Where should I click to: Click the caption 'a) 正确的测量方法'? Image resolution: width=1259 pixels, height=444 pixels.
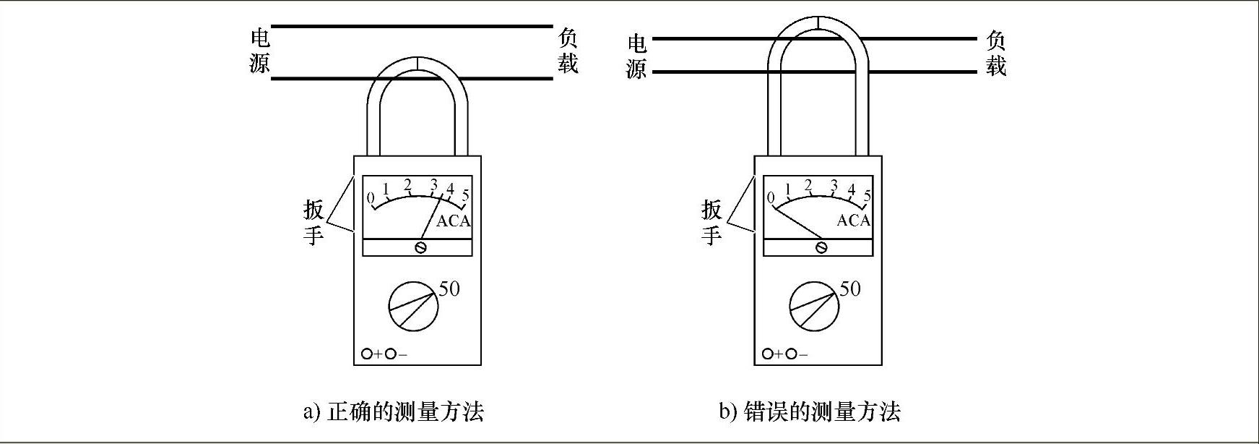click(x=393, y=412)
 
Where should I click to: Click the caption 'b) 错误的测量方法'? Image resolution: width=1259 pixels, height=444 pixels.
click(x=809, y=412)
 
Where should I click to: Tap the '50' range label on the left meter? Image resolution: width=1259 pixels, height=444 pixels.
click(x=449, y=289)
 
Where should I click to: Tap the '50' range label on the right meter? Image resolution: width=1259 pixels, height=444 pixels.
click(x=850, y=289)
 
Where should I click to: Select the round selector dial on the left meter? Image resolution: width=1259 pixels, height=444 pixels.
click(x=413, y=307)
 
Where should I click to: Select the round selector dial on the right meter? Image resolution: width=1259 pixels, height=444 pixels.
click(x=815, y=307)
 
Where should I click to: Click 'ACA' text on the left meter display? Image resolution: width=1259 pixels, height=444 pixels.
click(x=454, y=221)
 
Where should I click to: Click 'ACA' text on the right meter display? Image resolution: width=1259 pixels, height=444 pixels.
click(x=854, y=221)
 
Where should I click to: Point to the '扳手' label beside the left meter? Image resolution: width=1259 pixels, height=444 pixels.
click(x=313, y=222)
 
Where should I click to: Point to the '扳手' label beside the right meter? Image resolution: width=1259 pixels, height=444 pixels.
click(x=711, y=222)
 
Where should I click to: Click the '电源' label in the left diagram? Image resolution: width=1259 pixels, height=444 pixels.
click(x=259, y=51)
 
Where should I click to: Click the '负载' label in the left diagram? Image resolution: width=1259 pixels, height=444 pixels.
click(x=568, y=51)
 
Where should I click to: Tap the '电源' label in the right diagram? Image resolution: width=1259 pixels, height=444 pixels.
click(x=636, y=56)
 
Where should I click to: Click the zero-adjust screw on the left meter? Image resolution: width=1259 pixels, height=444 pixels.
click(x=420, y=248)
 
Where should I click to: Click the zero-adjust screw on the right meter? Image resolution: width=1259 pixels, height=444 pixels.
click(x=821, y=248)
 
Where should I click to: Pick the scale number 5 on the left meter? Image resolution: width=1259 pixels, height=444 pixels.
click(x=466, y=195)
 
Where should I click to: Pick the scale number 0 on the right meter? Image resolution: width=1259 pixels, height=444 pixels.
click(x=771, y=197)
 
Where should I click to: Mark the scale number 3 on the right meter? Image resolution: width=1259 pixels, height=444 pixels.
click(x=834, y=185)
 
